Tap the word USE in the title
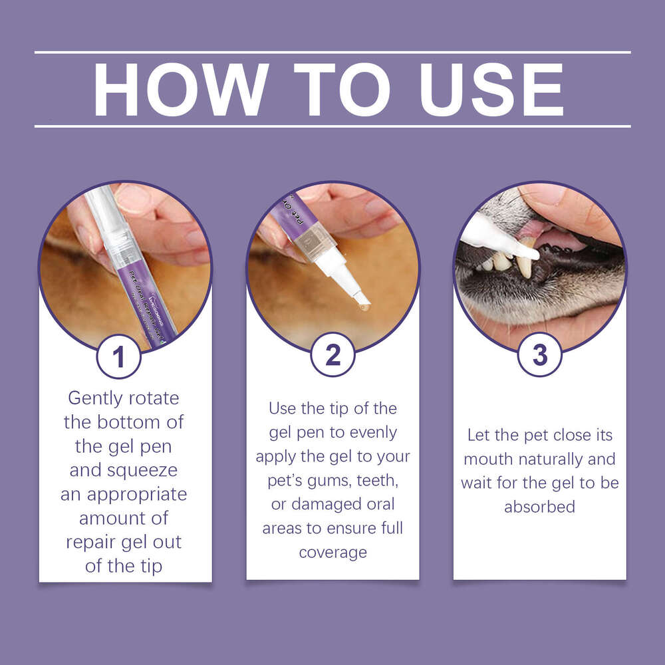[x=491, y=90]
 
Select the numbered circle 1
[x=119, y=356]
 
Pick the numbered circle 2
[x=333, y=354]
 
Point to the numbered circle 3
[x=540, y=354]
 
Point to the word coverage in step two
[x=333, y=553]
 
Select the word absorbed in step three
[x=539, y=506]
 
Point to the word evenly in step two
[x=373, y=433]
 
